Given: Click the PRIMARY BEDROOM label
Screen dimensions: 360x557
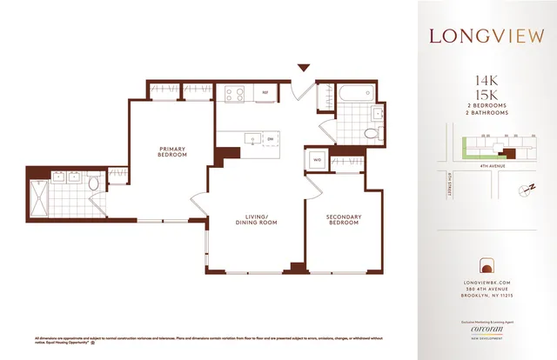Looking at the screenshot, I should (172, 151).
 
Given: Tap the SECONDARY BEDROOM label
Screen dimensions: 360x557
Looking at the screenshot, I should (343, 220).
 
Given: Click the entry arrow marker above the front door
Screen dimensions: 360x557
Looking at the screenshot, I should (304, 67).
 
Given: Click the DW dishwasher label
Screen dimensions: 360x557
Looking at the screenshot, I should (271, 138).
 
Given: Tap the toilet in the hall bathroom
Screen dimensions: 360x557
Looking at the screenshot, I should (372, 133).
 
